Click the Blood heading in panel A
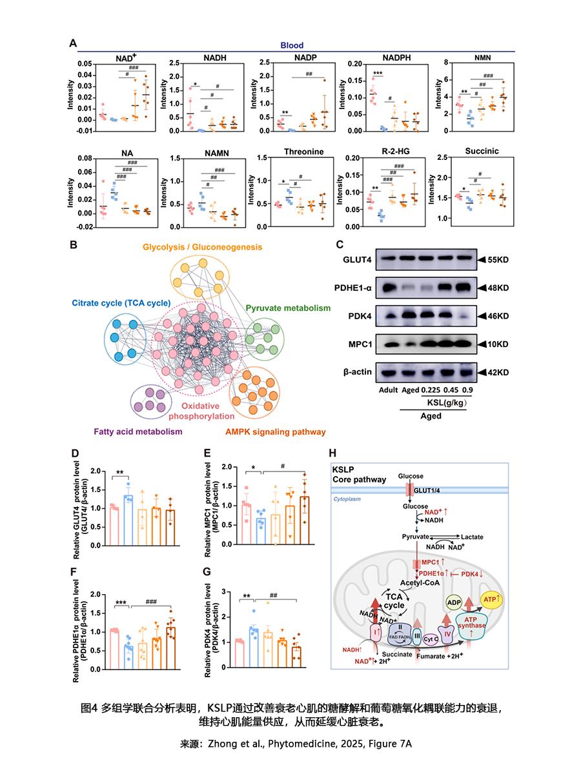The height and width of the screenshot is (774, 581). tap(292, 46)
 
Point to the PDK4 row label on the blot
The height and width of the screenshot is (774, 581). tap(359, 316)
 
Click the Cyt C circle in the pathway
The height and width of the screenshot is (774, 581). tap(432, 639)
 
